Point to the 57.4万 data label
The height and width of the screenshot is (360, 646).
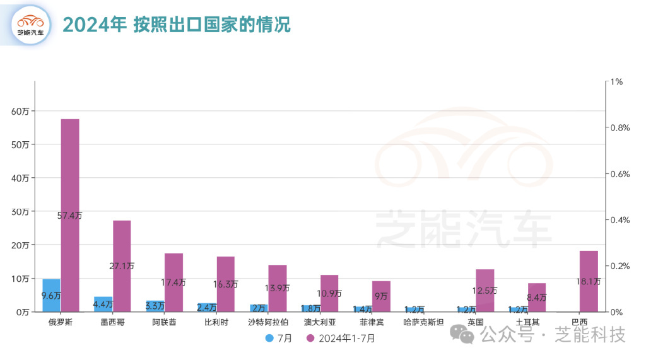click(69, 216)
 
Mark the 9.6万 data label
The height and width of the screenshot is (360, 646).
click(51, 295)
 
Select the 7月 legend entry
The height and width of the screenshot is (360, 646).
click(279, 339)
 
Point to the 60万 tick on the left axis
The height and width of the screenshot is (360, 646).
click(20, 111)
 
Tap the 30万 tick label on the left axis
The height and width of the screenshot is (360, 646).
click(20, 211)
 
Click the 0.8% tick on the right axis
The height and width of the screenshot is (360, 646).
click(621, 128)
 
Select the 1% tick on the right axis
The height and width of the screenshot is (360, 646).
click(615, 82)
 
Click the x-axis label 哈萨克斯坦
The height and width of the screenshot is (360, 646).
click(423, 322)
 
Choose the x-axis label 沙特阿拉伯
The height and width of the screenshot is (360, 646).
click(269, 322)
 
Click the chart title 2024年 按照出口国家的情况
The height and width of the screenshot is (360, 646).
click(177, 25)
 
